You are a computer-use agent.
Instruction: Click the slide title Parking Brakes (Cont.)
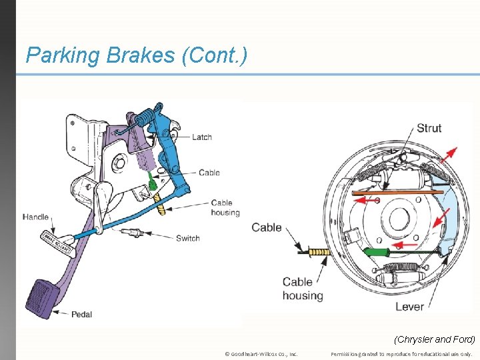(136, 55)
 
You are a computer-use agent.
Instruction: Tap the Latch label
(202, 137)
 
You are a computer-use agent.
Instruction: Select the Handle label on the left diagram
(35, 217)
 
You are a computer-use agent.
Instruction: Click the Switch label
(188, 238)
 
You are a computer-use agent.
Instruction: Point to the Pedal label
(82, 314)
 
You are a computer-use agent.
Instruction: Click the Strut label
(429, 128)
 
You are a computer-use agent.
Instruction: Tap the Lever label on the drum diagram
(409, 307)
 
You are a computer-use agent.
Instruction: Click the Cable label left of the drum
(267, 227)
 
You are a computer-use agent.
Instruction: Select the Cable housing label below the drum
(302, 289)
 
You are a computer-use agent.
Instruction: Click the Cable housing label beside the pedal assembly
(225, 207)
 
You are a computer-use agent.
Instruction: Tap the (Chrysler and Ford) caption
(435, 339)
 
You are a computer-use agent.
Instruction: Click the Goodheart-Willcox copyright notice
(261, 354)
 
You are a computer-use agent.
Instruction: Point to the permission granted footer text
(401, 354)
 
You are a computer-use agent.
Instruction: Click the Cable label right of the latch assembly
(209, 173)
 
